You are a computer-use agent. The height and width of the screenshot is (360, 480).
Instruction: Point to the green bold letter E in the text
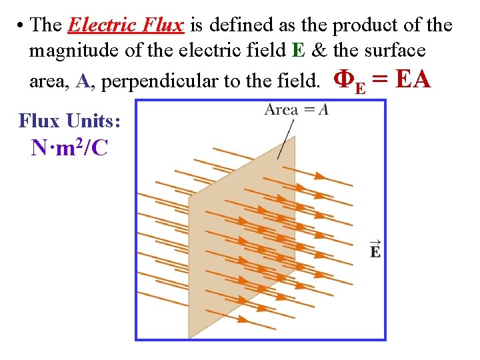pyautogui.click(x=297, y=51)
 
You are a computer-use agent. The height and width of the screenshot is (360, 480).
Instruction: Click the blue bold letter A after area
pyautogui.click(x=83, y=81)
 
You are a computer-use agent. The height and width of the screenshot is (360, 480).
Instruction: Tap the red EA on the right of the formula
pyautogui.click(x=413, y=80)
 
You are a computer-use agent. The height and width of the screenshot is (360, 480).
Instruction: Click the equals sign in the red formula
pyautogui.click(x=380, y=81)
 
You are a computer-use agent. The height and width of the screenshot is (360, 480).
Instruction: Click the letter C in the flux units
pyautogui.click(x=100, y=147)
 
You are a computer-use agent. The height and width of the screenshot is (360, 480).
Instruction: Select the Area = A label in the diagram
pyautogui.click(x=297, y=109)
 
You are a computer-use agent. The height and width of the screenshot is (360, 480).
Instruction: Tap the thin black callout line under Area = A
pyautogui.click(x=286, y=139)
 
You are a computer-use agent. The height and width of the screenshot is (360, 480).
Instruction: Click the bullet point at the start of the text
pyautogui.click(x=21, y=27)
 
